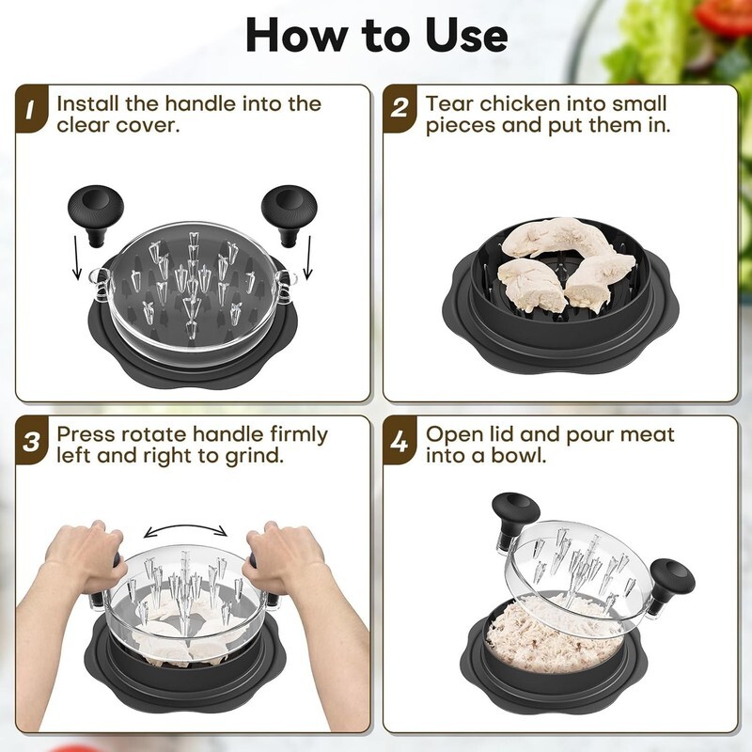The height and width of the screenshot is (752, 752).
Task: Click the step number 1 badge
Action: [x=30, y=110]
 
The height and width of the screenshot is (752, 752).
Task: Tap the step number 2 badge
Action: [x=399, y=110]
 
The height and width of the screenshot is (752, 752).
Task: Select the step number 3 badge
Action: [x=31, y=441]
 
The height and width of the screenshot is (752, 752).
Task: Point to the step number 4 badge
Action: [x=399, y=441]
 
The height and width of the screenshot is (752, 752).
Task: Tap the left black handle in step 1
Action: [x=96, y=214]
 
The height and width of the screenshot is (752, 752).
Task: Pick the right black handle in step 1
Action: [x=290, y=214]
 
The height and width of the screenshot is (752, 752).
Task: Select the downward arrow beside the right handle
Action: [x=308, y=257]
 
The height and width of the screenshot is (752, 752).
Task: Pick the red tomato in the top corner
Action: [x=723, y=15]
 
